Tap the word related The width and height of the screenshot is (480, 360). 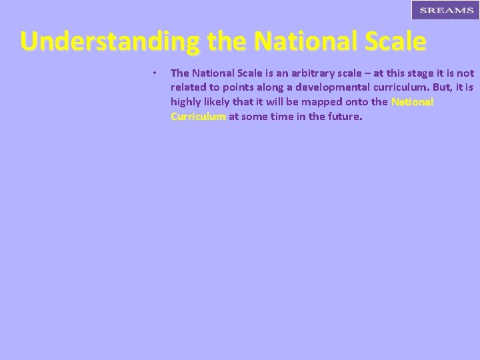pos(188,87)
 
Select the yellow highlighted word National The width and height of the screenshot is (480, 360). pos(412,102)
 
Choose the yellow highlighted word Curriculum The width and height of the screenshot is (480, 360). pos(198,117)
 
